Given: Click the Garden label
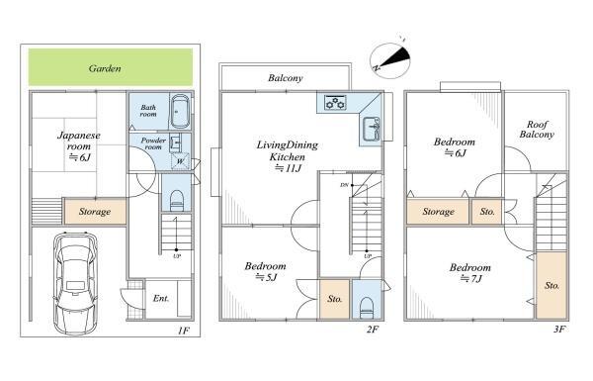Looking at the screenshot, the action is point(105,68).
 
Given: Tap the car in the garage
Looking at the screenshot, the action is point(76,282).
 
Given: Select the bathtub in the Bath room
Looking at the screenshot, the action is point(180,112).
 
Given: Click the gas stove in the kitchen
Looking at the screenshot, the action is point(335,103).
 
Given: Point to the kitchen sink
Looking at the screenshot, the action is point(372,130).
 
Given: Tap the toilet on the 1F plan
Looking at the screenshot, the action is point(177,200).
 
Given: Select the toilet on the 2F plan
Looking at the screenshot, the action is point(366,308).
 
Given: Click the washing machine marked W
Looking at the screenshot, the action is point(181,161).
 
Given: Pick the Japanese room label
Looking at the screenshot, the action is point(79,146).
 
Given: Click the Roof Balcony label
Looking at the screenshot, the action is point(537,130).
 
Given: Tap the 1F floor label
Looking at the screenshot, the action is point(184,331).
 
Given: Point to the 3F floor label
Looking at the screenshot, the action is point(559,330).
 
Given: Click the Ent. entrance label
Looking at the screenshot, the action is point(161,299).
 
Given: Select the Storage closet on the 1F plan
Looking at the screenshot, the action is point(95,212).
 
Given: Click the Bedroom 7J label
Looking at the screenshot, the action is point(470,273).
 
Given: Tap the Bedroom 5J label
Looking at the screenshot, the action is point(266,271).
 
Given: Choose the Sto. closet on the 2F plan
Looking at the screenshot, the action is point(335,299).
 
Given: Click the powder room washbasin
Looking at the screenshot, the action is point(175,142).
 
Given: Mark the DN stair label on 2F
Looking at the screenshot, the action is point(344,185).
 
